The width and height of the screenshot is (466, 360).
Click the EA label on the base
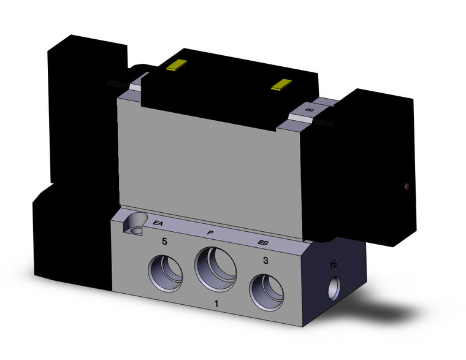(158, 223)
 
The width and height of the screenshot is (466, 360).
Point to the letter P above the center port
(210, 232)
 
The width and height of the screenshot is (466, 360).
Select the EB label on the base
(262, 244)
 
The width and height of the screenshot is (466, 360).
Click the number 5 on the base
(164, 242)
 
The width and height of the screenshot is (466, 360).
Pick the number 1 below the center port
(215, 304)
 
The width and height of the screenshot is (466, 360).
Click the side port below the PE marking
(335, 286)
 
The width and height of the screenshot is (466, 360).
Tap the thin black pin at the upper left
(116, 83)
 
